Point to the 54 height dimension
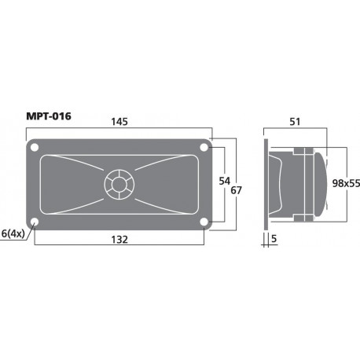click(223, 182)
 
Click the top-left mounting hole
click(35, 147)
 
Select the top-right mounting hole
click(204, 147)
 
